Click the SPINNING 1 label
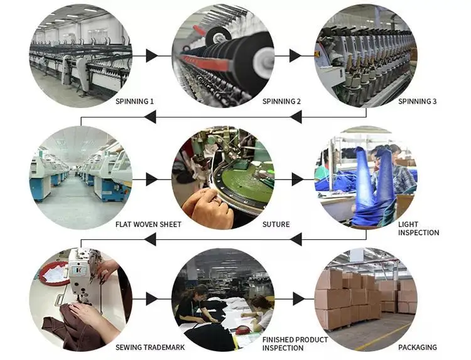pyautogui.click(x=134, y=101)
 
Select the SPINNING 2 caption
pyautogui.click(x=281, y=101)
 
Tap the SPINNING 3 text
pyautogui.click(x=418, y=101)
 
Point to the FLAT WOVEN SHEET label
pyautogui.click(x=148, y=224)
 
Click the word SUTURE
pyautogui.click(x=276, y=224)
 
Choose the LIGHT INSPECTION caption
pyautogui.click(x=418, y=228)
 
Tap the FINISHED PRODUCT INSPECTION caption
pyautogui.click(x=295, y=344)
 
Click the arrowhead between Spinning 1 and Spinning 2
pyautogui.click(x=151, y=55)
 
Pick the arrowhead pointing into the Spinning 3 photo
pyautogui.click(x=295, y=55)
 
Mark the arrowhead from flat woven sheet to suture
pyautogui.click(x=151, y=179)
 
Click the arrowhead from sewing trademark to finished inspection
pyautogui.click(x=151, y=298)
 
